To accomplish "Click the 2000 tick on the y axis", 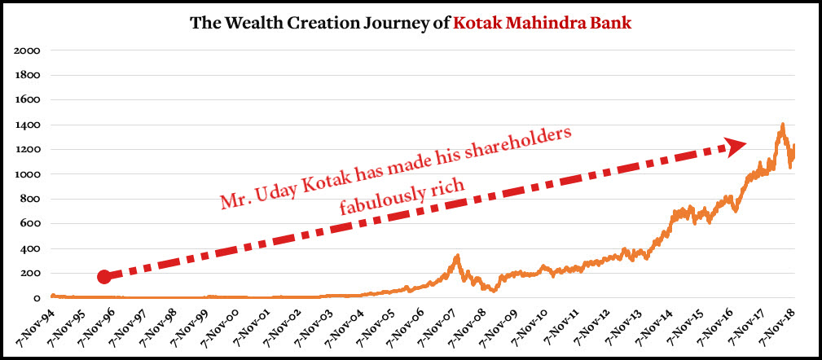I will point(28,50).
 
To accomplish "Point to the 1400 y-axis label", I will point(28,125).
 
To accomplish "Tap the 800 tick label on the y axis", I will point(30,199).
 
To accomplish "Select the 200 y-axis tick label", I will point(30,273).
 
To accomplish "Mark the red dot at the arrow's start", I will point(103,277).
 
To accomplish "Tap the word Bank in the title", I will point(611,22).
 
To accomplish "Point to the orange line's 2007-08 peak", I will point(458,256).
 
